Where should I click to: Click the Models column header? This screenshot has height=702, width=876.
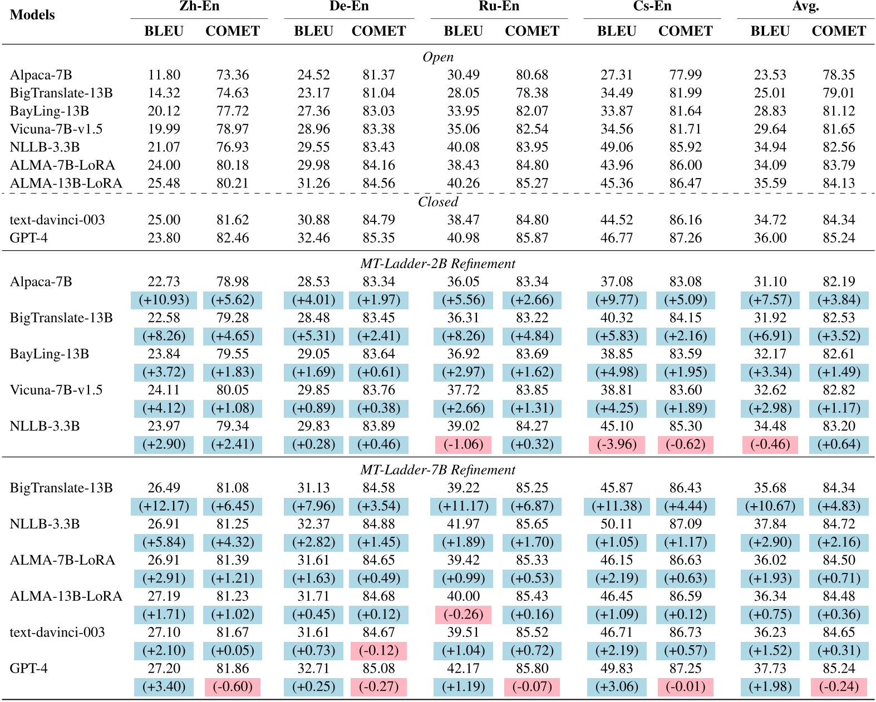click(x=32, y=15)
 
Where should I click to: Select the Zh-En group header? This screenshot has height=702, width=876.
click(x=199, y=7)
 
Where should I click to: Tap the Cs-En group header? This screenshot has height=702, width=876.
click(x=652, y=7)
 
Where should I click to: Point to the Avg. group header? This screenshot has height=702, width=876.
click(x=805, y=7)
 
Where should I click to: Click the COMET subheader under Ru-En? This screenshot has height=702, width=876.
click(x=532, y=31)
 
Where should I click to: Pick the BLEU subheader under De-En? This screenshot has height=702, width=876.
click(x=313, y=31)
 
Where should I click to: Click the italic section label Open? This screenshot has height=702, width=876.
click(x=438, y=57)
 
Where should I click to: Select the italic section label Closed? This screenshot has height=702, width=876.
click(x=438, y=202)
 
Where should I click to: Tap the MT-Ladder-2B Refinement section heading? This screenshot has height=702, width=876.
click(x=438, y=264)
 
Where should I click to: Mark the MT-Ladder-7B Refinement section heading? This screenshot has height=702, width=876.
click(x=438, y=470)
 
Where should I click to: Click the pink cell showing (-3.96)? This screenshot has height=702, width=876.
click(x=617, y=444)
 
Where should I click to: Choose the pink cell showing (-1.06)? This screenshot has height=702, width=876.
click(x=463, y=444)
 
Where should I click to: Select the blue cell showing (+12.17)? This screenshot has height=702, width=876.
click(x=164, y=506)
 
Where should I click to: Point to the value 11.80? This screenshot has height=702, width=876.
click(x=164, y=75)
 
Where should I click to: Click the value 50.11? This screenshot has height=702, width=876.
click(x=617, y=524)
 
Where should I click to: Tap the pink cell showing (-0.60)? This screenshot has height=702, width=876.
click(x=233, y=686)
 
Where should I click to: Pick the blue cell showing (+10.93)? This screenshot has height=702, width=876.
click(x=164, y=300)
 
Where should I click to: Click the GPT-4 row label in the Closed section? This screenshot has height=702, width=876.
click(x=29, y=238)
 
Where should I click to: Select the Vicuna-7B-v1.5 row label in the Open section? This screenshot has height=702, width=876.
click(x=56, y=129)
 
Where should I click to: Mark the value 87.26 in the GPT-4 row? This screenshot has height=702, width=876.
click(x=685, y=238)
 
